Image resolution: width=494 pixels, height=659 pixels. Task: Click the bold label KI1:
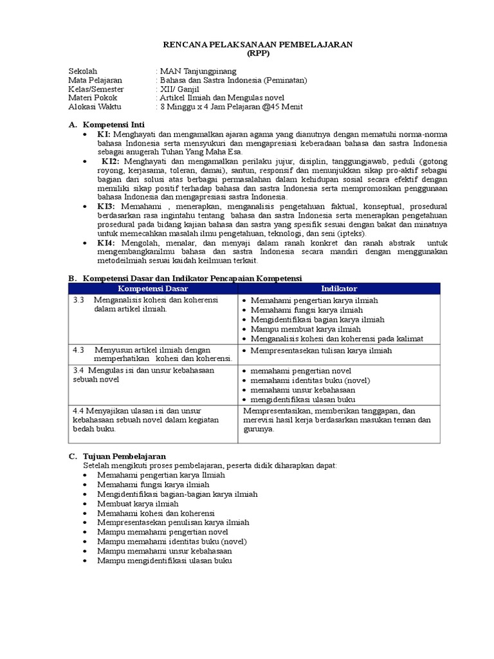105,134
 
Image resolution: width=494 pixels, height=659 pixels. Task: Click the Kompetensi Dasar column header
152,289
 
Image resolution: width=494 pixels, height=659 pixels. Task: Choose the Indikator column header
339,289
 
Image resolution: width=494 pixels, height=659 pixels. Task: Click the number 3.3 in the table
79,301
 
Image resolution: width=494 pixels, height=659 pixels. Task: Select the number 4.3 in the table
79,349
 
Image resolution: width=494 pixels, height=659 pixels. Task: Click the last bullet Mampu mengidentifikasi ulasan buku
163,561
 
